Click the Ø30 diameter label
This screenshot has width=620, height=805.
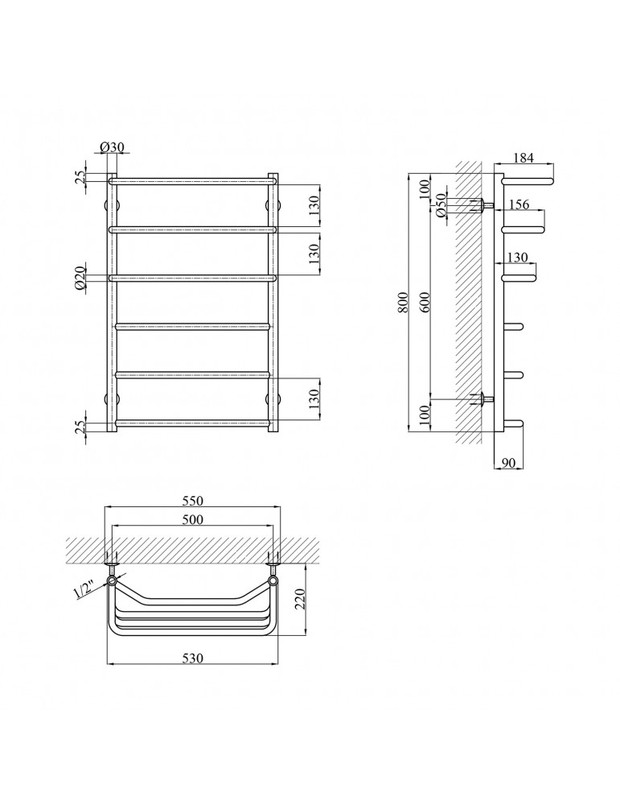[112, 147]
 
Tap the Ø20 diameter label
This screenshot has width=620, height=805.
[80, 279]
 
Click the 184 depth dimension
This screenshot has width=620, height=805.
[524, 158]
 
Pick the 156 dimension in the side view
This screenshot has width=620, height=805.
[519, 204]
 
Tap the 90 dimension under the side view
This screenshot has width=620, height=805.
[507, 463]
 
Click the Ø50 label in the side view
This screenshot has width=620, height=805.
[441, 206]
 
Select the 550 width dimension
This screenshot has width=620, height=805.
[192, 501]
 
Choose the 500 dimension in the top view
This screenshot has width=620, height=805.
[192, 519]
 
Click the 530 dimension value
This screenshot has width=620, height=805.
[192, 658]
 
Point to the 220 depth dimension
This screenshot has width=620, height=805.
[300, 599]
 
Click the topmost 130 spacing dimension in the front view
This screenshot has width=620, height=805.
[314, 205]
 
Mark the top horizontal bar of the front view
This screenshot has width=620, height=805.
[193, 181]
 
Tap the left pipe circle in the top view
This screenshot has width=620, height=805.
[113, 580]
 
